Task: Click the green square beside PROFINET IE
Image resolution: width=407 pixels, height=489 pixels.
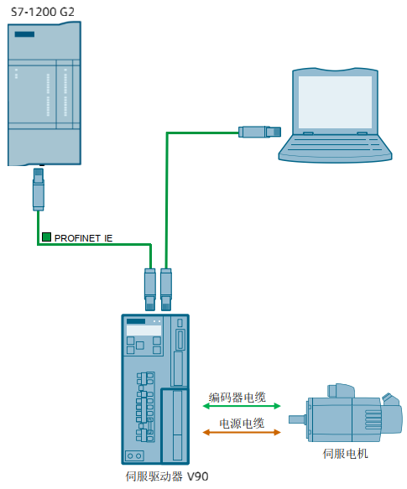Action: (x=47, y=238)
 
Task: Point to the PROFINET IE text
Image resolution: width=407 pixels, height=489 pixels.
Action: (x=84, y=238)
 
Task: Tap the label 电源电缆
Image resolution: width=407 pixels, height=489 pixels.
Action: (x=242, y=424)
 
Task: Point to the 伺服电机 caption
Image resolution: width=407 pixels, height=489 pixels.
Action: (x=345, y=454)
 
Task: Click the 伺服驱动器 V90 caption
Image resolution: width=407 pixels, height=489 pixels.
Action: (x=166, y=476)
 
